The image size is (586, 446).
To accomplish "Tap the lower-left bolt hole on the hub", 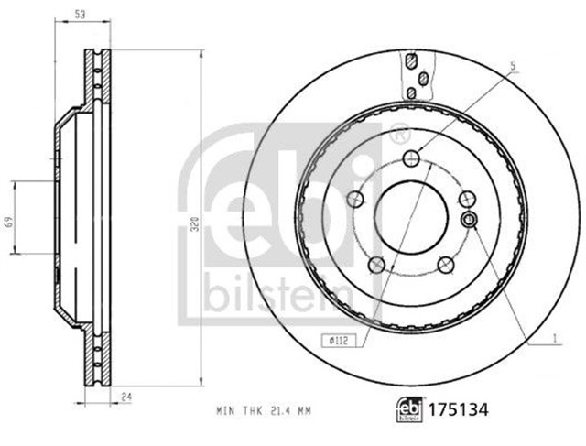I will (x=375, y=266).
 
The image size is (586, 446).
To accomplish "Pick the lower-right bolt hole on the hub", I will (x=447, y=266).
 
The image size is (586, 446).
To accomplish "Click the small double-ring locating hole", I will (x=470, y=219).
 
